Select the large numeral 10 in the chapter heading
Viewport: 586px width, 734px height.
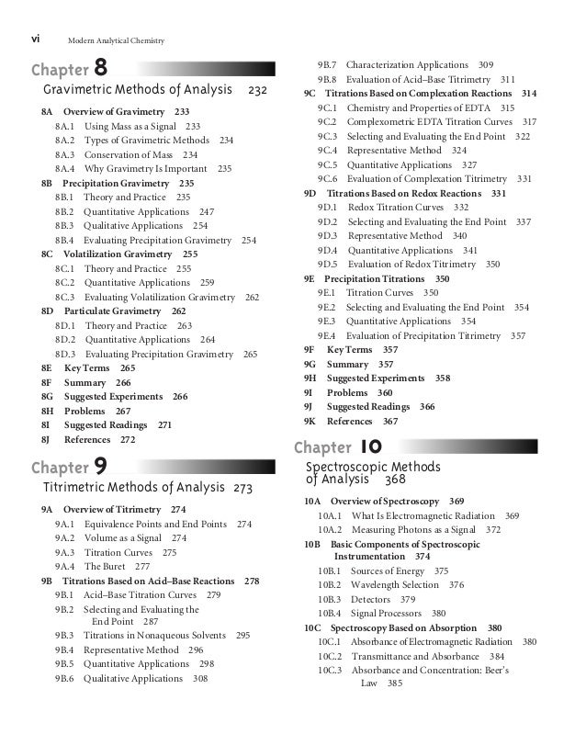[371, 447]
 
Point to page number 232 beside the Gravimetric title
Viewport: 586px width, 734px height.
[257, 91]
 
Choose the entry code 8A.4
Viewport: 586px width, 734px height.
[64, 169]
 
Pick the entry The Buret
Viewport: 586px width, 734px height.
[105, 567]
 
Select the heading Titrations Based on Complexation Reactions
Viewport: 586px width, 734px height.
[420, 94]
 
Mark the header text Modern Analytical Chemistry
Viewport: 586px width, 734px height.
[115, 40]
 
